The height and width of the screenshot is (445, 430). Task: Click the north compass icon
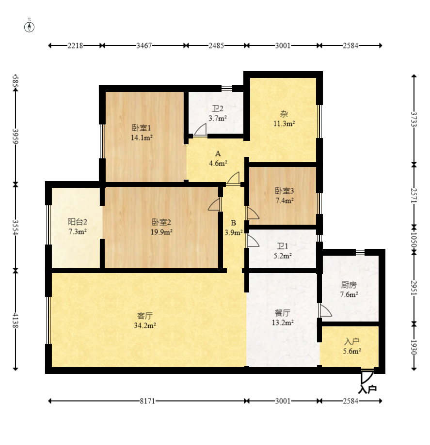(30, 26)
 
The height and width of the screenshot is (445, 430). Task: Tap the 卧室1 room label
(142, 128)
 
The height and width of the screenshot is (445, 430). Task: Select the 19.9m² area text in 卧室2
(162, 232)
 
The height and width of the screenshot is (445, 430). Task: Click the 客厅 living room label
(145, 316)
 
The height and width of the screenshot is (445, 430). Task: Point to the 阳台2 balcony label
(77, 222)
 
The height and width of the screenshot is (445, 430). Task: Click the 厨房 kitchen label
(349, 285)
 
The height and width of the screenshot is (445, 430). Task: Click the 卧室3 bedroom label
(284, 190)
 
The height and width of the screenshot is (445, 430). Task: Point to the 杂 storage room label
(284, 114)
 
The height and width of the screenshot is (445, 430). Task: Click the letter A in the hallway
(218, 153)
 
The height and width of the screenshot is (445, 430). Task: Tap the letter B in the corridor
(233, 223)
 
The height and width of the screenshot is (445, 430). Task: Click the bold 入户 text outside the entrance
(367, 389)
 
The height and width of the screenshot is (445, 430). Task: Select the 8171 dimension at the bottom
(147, 401)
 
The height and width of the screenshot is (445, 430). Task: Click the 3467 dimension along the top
(144, 46)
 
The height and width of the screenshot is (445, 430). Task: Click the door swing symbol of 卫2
(200, 129)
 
